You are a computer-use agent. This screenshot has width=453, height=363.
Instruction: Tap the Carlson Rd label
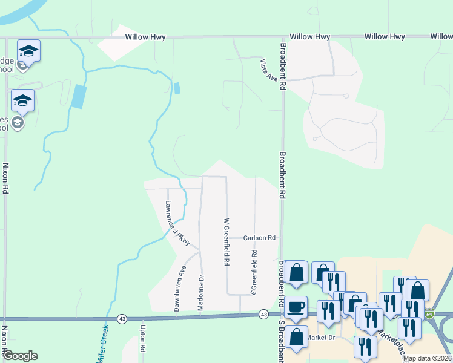pos(260,238)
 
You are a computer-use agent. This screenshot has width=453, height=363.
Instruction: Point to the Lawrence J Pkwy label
pos(178,223)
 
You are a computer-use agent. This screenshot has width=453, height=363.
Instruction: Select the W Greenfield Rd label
pos(226,242)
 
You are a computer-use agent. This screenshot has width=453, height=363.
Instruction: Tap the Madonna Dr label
pos(202,293)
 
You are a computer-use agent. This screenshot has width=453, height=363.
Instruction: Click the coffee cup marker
pos(296,307)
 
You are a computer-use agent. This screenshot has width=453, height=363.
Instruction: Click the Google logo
pos(20,356)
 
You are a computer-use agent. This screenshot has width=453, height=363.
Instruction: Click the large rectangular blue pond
pos(78,96)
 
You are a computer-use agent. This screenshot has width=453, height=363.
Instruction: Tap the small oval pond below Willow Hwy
pos(176,88)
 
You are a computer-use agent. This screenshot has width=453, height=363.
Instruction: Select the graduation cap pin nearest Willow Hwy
pos(28,50)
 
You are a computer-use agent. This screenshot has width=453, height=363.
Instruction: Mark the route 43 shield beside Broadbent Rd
pos(263,315)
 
